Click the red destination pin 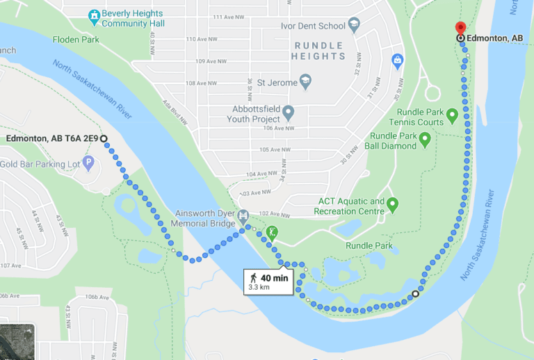pyautogui.click(x=460, y=27)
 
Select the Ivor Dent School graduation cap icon pyautogui.click(x=354, y=26)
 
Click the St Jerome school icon pyautogui.click(x=305, y=83)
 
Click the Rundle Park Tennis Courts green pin pyautogui.click(x=452, y=115)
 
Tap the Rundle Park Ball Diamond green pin pyautogui.click(x=425, y=140)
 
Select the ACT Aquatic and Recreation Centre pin pyautogui.click(x=392, y=205)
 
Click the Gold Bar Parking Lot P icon pyautogui.click(x=88, y=163)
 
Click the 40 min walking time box pyautogui.click(x=267, y=281)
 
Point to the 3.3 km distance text pyautogui.click(x=260, y=287)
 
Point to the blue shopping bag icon pyautogui.click(x=398, y=62)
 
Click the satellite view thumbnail pyautogui.click(x=17, y=343)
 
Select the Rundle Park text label pyautogui.click(x=369, y=245)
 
